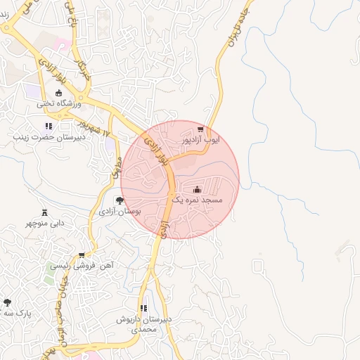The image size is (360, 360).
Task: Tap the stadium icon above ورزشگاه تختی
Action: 58,93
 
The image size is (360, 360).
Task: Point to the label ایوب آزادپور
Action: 201,140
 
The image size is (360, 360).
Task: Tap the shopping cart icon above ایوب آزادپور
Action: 201,129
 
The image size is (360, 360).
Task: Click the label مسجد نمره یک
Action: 197,200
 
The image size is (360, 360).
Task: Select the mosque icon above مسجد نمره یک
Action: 197,189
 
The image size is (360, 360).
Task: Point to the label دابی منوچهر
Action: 45,223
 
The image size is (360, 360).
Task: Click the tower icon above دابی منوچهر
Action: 45,212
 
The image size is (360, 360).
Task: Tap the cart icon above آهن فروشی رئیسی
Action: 82,255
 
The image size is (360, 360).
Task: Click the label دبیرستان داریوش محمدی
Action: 144,324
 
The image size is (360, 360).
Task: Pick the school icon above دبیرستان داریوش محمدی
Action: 144,308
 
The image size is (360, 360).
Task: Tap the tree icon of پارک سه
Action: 7,302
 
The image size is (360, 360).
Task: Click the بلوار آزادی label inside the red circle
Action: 157,152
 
